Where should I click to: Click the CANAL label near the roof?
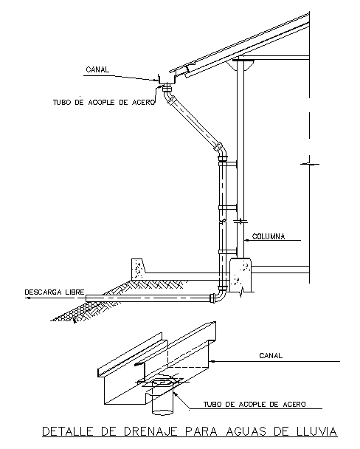coord(97,69)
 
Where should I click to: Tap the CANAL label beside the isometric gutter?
coord(271,356)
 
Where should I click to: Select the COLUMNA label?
coord(269,236)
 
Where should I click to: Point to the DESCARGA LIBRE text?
coord(55,292)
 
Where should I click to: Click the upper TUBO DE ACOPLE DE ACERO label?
coord(104,102)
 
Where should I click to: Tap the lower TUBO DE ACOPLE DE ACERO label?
coord(255,405)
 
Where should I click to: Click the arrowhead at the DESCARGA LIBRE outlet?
coord(27,298)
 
